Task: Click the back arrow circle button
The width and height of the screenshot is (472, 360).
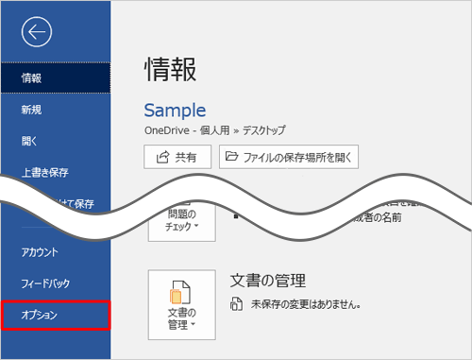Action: [x=35, y=32]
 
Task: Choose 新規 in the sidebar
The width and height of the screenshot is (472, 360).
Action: [x=31, y=110]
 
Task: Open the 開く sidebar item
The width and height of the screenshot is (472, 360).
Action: [x=29, y=141]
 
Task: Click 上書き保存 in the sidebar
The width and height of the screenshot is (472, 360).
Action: [x=44, y=173]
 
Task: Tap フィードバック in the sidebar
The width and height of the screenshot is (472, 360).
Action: [x=46, y=283]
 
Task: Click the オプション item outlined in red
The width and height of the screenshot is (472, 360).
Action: [x=55, y=316]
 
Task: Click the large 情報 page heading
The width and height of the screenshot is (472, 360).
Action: [x=171, y=68]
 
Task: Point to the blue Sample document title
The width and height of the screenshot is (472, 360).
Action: [x=175, y=110]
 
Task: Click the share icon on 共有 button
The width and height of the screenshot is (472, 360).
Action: [x=159, y=158]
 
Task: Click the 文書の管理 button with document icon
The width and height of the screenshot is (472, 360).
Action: [x=181, y=304]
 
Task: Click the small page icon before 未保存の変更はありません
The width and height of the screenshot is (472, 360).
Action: [x=237, y=306]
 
